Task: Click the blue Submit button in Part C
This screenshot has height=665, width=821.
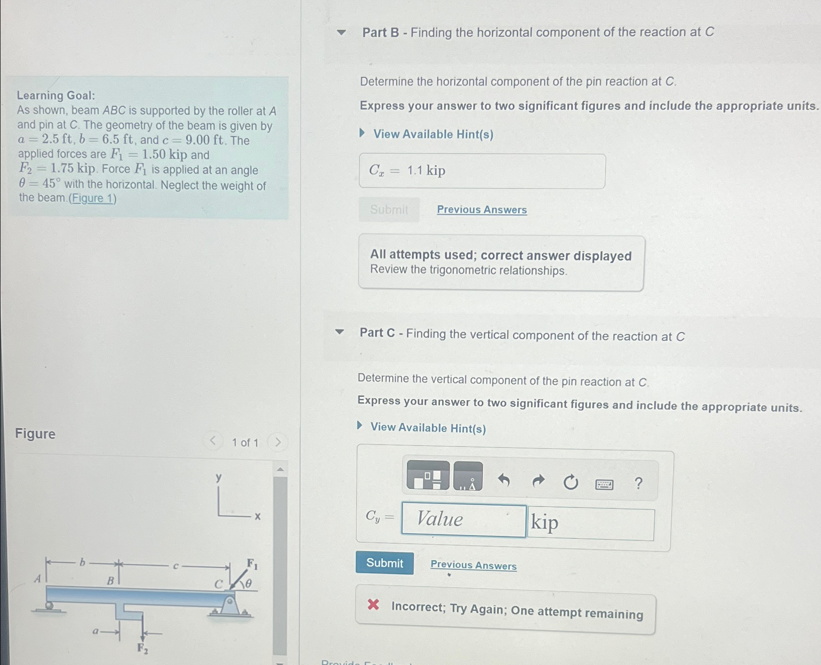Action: tap(384, 563)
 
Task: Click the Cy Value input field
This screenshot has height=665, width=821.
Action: tap(463, 520)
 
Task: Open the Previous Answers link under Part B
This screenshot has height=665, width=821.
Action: tap(482, 210)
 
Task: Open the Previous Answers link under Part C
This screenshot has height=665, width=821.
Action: tap(473, 565)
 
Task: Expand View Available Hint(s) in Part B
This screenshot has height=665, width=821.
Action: tap(432, 134)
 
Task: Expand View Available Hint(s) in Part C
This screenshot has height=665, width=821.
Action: tap(427, 428)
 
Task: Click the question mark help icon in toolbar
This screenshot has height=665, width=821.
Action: tap(638, 483)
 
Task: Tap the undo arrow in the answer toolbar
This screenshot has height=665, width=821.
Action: tap(504, 480)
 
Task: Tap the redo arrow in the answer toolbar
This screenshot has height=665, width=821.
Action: tap(538, 481)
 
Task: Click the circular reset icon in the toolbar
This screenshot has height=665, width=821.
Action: tap(571, 482)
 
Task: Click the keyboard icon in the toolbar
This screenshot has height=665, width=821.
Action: tap(604, 484)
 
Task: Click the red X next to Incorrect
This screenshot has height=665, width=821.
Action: tap(373, 604)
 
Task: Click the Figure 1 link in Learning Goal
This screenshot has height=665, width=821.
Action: tap(92, 199)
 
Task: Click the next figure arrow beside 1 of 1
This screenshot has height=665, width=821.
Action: tap(278, 442)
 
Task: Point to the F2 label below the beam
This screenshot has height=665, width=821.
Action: tap(143, 648)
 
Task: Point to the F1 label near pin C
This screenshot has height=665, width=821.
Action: tap(252, 564)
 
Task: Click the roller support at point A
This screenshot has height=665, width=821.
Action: tap(49, 606)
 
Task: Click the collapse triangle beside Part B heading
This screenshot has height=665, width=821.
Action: tap(341, 33)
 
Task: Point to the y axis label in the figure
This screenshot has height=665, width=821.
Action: tap(218, 477)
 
